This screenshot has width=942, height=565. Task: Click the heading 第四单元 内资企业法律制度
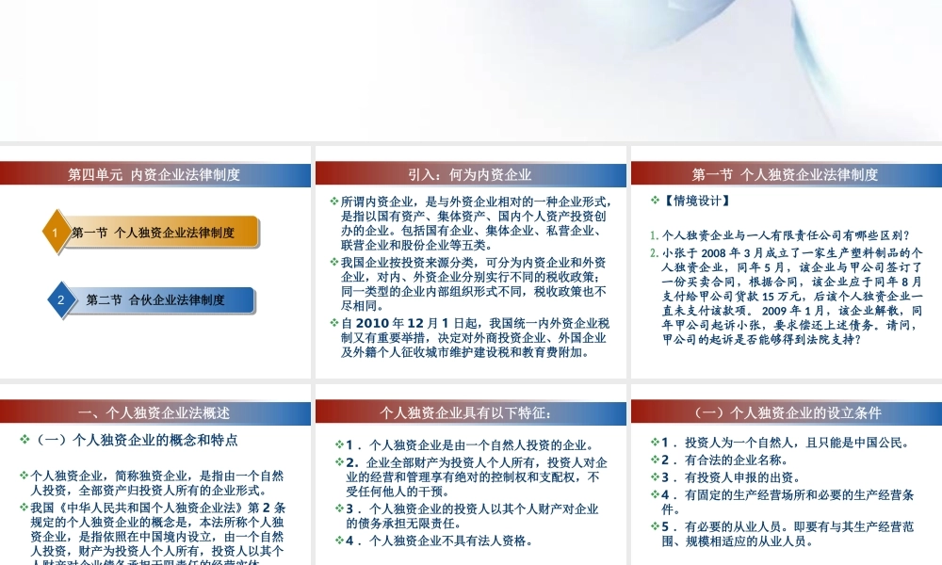tap(154, 174)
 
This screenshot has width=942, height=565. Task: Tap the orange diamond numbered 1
tap(56, 233)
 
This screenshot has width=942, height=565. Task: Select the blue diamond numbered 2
tap(61, 300)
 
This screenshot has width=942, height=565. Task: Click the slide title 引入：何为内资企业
tap(470, 174)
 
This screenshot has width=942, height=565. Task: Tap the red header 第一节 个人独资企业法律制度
tap(785, 174)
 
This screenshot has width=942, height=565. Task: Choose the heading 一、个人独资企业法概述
tap(154, 412)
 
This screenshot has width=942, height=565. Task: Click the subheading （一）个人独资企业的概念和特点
tap(137, 440)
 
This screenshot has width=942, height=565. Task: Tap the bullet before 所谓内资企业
tap(335, 202)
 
